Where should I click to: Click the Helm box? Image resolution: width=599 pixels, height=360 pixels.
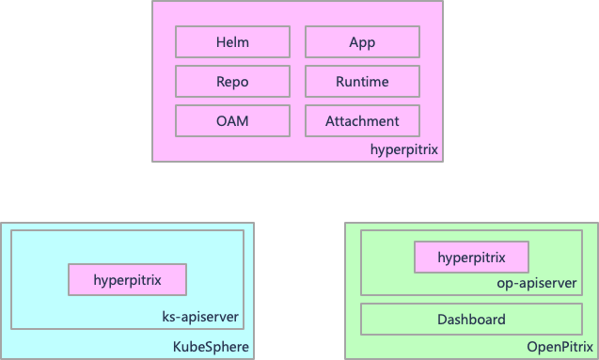[x=232, y=42]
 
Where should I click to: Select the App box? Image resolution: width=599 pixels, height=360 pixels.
[x=362, y=42]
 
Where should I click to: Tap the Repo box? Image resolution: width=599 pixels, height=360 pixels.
[x=232, y=82]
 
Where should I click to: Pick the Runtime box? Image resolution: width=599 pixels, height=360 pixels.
[x=362, y=82]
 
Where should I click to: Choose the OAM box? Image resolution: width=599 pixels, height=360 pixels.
[x=232, y=121]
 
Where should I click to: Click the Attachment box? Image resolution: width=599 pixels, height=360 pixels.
[x=362, y=121]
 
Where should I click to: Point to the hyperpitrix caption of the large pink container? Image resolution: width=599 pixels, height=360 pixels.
[x=403, y=149]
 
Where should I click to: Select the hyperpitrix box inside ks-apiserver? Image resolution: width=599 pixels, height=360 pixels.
[x=127, y=279]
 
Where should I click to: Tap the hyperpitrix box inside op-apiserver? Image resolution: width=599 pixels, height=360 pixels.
[x=471, y=257]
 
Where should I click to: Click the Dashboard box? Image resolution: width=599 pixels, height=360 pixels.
[x=471, y=320]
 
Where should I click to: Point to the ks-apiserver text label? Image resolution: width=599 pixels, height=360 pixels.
[x=200, y=318]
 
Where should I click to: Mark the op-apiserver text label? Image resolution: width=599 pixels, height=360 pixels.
[x=536, y=282]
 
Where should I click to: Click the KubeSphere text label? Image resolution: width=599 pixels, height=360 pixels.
[x=212, y=347]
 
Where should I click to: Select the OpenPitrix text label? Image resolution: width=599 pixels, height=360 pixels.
[x=560, y=347]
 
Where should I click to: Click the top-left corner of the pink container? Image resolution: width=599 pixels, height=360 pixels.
[x=153, y=2]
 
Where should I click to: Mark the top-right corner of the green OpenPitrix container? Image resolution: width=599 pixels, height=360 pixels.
[x=596, y=224]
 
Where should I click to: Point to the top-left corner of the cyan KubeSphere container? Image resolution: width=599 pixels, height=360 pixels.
[x=2, y=224]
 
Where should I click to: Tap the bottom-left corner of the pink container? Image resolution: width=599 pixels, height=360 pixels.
[x=153, y=162]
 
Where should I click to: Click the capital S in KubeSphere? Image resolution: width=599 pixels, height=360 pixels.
[x=210, y=347]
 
